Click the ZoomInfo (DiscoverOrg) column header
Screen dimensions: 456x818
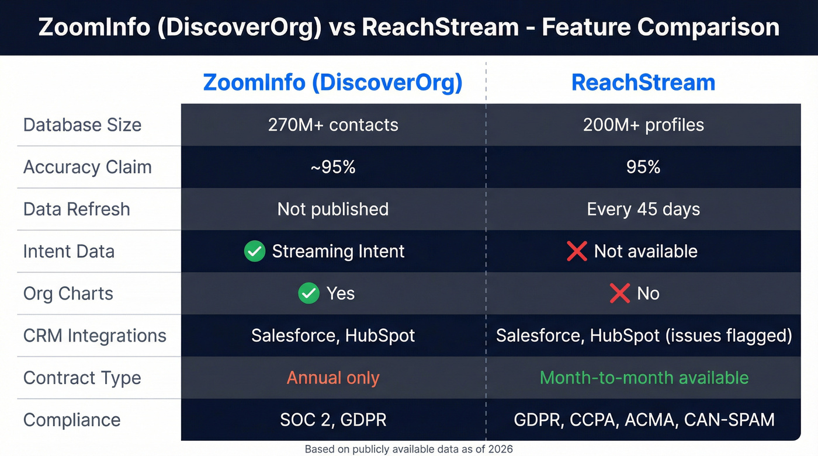[x=332, y=82]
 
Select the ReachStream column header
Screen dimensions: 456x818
[x=643, y=82]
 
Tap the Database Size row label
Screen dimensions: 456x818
[x=82, y=125]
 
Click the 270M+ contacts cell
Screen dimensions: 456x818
[x=333, y=125]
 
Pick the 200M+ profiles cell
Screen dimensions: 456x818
[x=643, y=125]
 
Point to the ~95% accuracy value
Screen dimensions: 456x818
[x=333, y=167]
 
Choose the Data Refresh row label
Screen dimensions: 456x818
[x=77, y=209]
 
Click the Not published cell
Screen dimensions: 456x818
[x=333, y=209]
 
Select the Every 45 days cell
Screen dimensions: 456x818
[x=643, y=209]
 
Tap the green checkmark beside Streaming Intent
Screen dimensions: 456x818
[x=255, y=252]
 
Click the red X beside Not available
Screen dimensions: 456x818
[x=577, y=252]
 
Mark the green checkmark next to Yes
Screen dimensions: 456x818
[x=309, y=293]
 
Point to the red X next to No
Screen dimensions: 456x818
[x=619, y=293]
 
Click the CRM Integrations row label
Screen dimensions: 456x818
[x=95, y=336]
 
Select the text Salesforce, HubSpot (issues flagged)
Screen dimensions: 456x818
[x=644, y=336]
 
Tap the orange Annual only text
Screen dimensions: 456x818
[x=333, y=378]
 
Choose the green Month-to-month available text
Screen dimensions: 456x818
[x=644, y=378]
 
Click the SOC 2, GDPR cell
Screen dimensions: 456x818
[x=333, y=420]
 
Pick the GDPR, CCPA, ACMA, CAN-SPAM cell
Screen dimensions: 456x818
[x=644, y=420]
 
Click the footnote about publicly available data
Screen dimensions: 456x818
[x=409, y=449]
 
